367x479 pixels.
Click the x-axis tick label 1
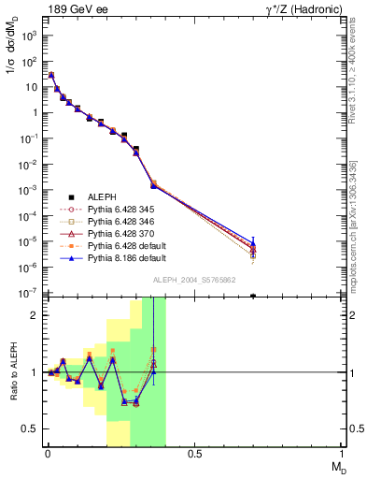[x=342, y=456]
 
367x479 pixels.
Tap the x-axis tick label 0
[x=48, y=456]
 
